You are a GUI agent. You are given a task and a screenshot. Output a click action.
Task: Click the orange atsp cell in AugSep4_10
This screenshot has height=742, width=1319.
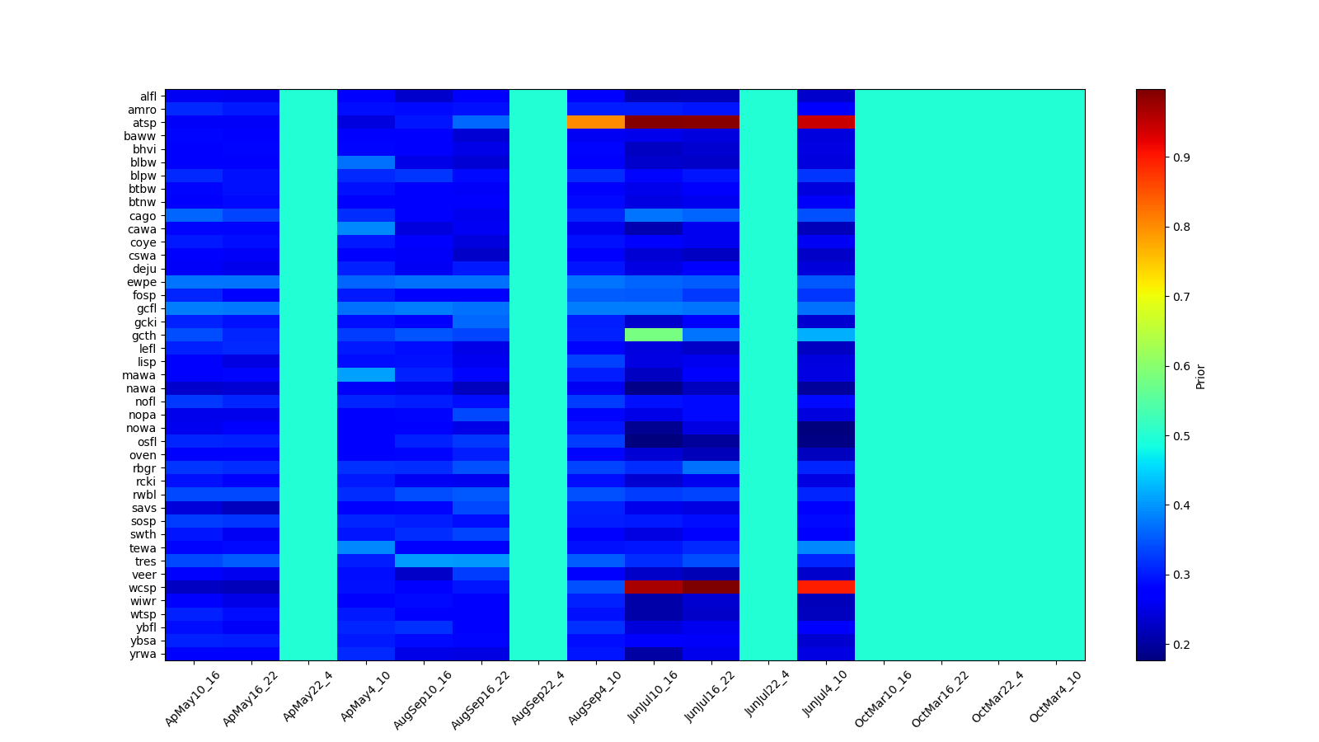(x=596, y=123)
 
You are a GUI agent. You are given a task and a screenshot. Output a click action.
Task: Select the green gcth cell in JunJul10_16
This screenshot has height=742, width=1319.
(x=654, y=335)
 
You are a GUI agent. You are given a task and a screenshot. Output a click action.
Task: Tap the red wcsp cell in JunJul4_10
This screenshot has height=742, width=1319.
(x=826, y=587)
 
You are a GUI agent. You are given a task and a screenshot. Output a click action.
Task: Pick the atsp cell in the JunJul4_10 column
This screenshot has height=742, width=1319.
(x=826, y=123)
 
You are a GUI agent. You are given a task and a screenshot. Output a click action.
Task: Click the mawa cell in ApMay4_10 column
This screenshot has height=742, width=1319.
(x=366, y=375)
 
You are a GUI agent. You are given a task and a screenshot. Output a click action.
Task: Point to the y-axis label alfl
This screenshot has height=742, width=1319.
(x=148, y=96)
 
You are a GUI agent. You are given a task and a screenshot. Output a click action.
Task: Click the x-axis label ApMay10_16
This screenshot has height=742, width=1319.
(x=193, y=697)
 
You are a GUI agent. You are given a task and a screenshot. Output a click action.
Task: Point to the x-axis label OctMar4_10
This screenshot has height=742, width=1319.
(x=1055, y=697)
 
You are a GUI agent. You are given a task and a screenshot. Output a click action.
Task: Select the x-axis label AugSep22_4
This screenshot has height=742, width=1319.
(x=538, y=697)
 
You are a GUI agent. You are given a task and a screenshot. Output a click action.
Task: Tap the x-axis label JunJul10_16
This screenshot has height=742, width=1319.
(x=654, y=697)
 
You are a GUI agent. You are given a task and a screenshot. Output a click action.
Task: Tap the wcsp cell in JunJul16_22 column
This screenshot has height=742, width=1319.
(x=711, y=587)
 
